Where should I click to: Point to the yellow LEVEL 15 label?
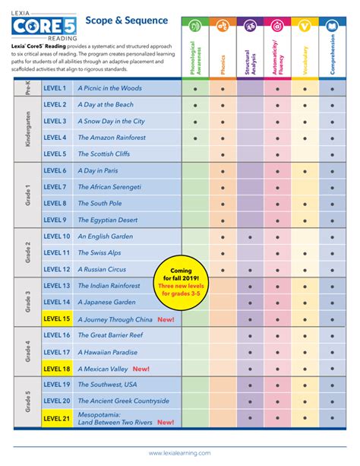(x=56, y=319)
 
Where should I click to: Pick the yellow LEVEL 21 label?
(x=56, y=418)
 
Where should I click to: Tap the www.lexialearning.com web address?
(x=180, y=452)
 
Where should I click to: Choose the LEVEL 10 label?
(x=57, y=236)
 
